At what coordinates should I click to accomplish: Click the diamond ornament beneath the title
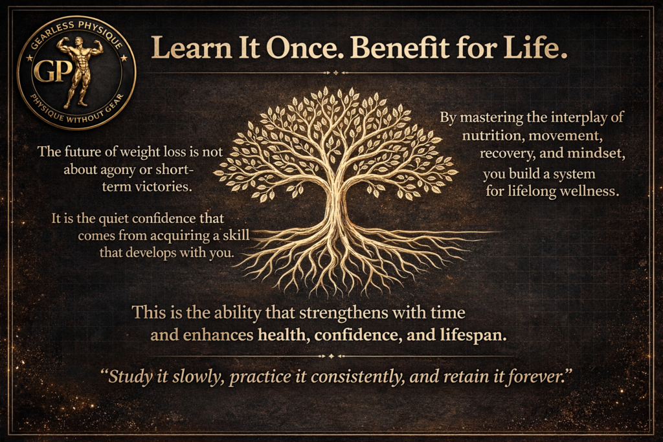tap(336, 72)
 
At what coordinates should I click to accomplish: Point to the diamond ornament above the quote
tap(331, 356)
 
